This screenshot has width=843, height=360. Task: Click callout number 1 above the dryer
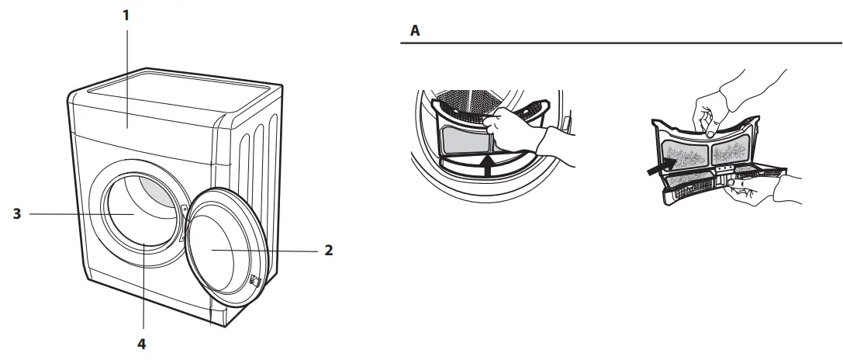tap(126, 15)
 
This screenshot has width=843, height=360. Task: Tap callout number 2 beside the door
tap(329, 251)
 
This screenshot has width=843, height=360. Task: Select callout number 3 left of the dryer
tap(17, 213)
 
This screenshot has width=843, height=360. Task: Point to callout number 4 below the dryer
tap(143, 342)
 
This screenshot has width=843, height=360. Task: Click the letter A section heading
tap(415, 32)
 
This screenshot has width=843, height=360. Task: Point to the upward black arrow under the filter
tap(486, 165)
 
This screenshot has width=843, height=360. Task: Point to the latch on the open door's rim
tap(254, 281)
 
